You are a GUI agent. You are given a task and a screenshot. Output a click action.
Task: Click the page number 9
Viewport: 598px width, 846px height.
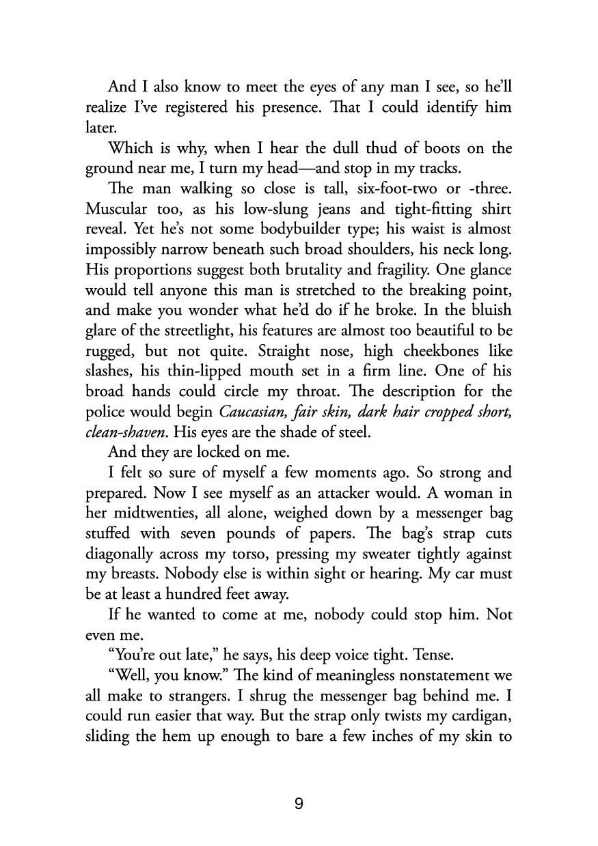[299, 804]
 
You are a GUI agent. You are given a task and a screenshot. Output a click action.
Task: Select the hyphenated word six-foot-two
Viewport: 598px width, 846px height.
[384, 188]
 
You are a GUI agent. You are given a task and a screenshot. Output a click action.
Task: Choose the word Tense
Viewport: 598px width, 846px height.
[432, 655]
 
